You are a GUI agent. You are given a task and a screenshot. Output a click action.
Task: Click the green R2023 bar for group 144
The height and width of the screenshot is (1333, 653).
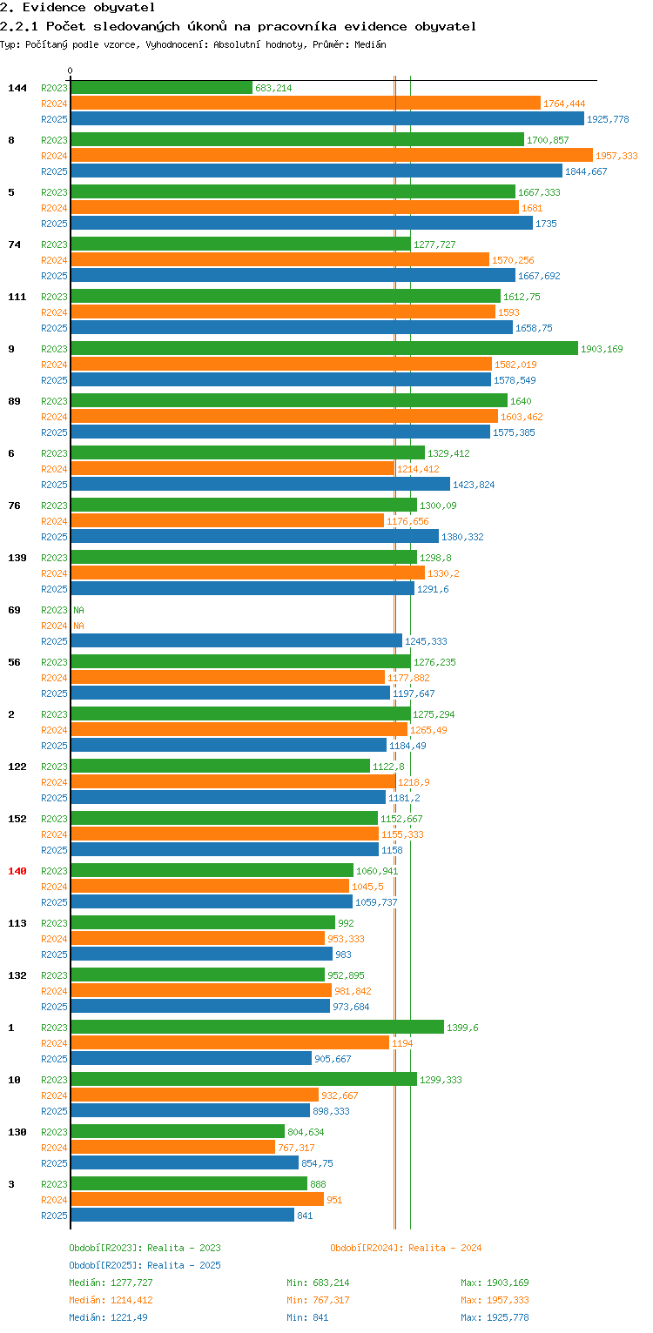tap(161, 87)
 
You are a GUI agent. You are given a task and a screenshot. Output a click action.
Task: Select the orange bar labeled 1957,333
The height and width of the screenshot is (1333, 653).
tap(331, 155)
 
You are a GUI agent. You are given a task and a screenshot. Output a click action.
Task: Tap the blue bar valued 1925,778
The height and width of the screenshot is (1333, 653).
tap(326, 118)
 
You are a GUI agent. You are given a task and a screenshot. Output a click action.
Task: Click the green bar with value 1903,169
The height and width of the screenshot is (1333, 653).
tap(324, 348)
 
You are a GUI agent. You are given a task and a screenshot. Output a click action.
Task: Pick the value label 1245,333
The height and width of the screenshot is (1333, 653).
tap(426, 641)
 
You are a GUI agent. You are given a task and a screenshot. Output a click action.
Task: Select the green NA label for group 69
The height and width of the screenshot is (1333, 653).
tap(78, 610)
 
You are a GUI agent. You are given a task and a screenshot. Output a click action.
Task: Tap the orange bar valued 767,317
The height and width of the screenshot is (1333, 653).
tap(172, 1147)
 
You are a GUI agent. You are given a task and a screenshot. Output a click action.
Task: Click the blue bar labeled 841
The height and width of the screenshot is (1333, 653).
tap(182, 1215)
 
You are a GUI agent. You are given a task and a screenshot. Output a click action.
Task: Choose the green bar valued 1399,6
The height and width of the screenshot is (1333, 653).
tap(257, 1027)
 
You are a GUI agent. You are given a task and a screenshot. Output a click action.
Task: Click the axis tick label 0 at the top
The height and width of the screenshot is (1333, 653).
tap(71, 70)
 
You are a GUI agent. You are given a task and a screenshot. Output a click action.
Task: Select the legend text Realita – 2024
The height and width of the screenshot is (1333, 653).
tap(445, 1248)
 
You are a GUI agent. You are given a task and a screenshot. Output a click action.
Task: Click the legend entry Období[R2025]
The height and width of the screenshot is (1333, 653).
tap(105, 1265)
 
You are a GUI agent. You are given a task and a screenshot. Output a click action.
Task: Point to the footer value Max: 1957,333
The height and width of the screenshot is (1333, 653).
tap(495, 1300)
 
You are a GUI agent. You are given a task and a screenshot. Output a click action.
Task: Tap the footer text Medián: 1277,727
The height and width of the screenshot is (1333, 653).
tap(111, 1283)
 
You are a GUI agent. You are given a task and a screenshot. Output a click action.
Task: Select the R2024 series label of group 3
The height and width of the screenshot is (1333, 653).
tap(54, 1200)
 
